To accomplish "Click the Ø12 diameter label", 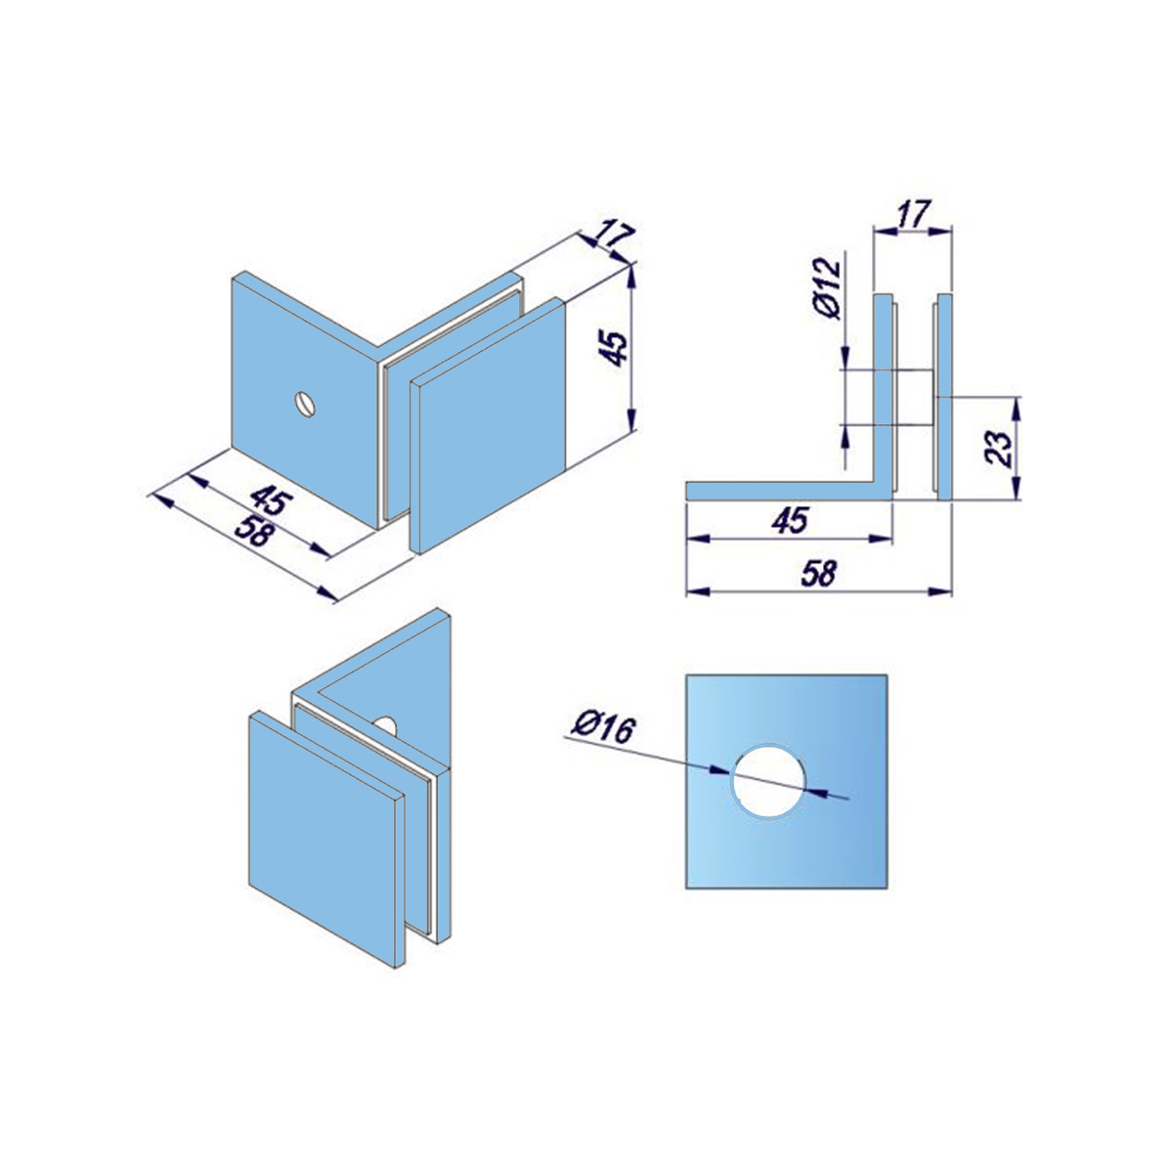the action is pyautogui.click(x=827, y=288).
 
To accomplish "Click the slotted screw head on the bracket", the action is pyautogui.click(x=306, y=404).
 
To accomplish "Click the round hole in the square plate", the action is pyautogui.click(x=769, y=780).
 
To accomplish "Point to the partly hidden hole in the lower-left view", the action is pyautogui.click(x=386, y=725).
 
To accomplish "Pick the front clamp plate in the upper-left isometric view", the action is pyautogui.click(x=489, y=425).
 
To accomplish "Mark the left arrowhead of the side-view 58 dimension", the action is pyautogui.click(x=697, y=591).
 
